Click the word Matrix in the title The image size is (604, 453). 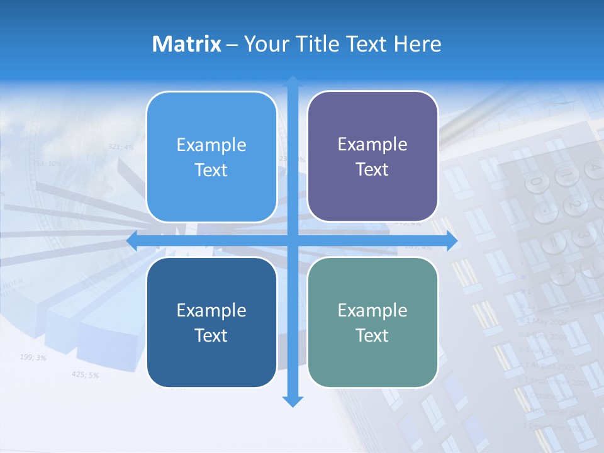[186, 44]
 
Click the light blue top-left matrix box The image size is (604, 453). [211, 157]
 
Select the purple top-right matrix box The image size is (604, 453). [372, 156]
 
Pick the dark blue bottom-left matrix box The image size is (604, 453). [211, 322]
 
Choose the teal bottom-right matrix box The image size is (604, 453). [372, 322]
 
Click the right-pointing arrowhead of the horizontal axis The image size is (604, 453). [451, 241]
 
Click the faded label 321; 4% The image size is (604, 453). [121, 147]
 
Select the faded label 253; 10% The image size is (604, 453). [47, 163]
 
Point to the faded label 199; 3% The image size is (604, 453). [33, 357]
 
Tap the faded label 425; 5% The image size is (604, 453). [85, 374]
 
